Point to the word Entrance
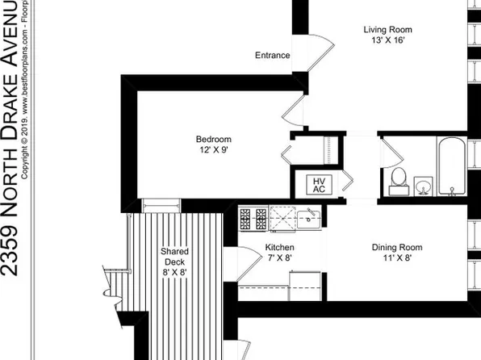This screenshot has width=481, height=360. tap(272, 56)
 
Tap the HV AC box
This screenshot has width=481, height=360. tap(319, 184)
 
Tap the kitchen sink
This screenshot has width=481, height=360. tap(307, 217)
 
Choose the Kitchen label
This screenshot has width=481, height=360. tap(280, 247)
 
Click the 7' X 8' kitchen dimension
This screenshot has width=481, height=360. tap(280, 258)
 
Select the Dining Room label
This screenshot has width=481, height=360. tap(397, 247)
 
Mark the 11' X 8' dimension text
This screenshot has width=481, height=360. tap(397, 258)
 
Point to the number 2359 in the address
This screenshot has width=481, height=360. tap(13, 246)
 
